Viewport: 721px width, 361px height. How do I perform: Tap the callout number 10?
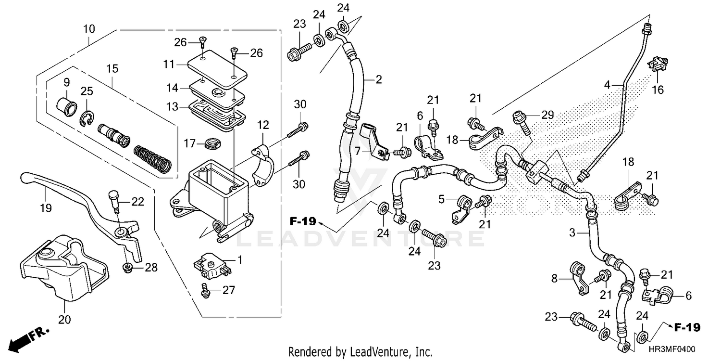(x=89, y=28)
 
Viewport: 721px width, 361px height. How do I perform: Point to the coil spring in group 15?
(x=151, y=157)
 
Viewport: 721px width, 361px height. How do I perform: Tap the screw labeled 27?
(x=205, y=290)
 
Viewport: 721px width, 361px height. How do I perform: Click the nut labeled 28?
(x=128, y=268)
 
